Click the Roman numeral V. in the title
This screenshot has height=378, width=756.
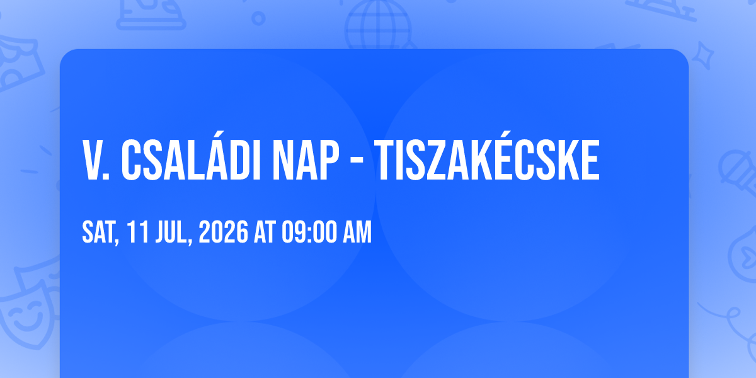[x=96, y=160]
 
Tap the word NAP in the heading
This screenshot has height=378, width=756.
[x=306, y=160]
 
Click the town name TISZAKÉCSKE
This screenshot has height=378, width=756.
[x=487, y=156]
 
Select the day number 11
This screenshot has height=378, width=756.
[x=138, y=232]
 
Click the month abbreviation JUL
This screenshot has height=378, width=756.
[x=173, y=232]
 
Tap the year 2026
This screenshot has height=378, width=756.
[x=223, y=232]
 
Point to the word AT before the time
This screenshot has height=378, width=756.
[x=265, y=232]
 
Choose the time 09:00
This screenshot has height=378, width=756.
[x=309, y=232]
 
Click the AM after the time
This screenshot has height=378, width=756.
[x=357, y=232]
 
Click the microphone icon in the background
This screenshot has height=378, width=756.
[x=739, y=172]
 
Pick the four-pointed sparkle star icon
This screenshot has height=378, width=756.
[x=702, y=56]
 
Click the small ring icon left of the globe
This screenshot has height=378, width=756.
[x=258, y=18]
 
